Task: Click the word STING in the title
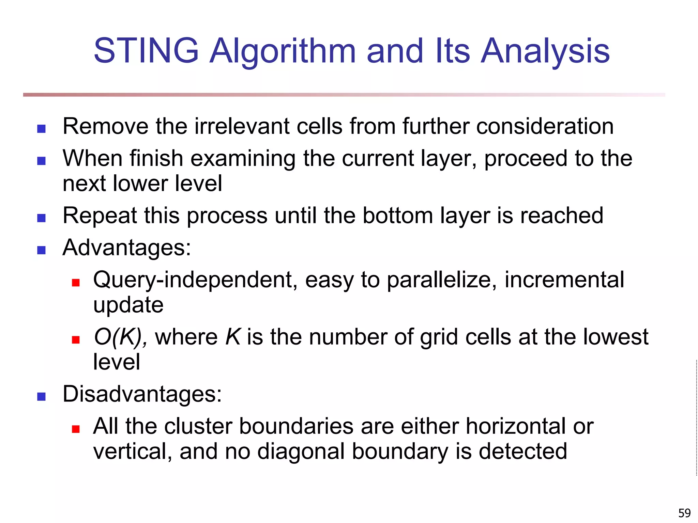[146, 51]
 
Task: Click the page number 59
[684, 513]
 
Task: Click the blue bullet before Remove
[41, 129]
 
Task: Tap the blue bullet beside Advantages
[41, 250]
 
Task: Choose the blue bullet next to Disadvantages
[41, 396]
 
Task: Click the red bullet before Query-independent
[76, 283]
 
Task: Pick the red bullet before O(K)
[76, 339]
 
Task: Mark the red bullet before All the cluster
[76, 429]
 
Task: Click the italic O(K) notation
[120, 337]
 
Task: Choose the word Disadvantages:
[142, 394]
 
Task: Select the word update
[128, 305]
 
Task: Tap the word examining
[243, 159]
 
